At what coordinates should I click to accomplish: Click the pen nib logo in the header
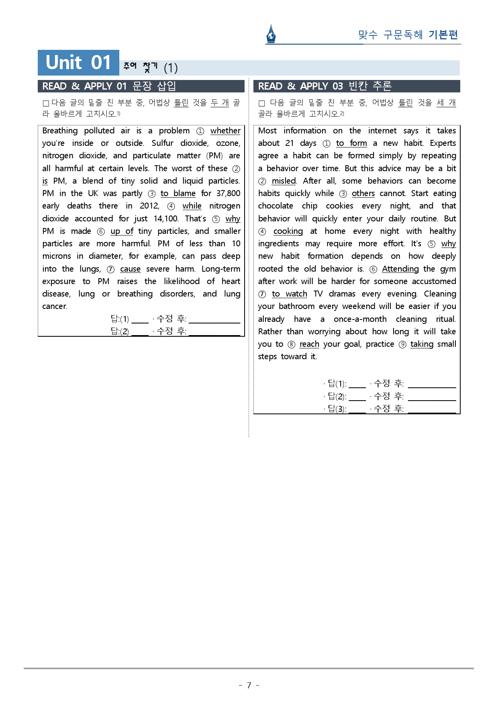[271, 34]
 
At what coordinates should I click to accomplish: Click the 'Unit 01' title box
[78, 63]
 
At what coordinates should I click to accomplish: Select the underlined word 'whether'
[225, 131]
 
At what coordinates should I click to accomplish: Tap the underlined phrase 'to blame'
[178, 193]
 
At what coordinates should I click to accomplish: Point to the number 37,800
[228, 193]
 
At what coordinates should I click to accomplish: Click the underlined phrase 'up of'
[122, 231]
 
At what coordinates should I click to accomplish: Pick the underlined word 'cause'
[130, 269]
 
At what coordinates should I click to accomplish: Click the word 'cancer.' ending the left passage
[55, 306]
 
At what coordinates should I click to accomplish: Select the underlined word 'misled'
[284, 181]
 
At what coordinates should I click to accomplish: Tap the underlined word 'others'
[363, 193]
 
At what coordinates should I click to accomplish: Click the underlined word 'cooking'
[288, 231]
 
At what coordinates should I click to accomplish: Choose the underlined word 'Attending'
[400, 269]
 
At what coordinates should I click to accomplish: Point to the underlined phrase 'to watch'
[289, 294]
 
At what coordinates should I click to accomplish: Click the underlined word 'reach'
[309, 344]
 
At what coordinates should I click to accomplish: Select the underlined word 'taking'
[422, 344]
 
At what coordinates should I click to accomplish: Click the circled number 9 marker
[402, 344]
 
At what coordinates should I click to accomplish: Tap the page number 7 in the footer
[249, 685]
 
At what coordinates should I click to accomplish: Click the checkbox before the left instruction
[46, 103]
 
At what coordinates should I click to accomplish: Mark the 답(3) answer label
[337, 409]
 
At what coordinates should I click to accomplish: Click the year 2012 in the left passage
[149, 206]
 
